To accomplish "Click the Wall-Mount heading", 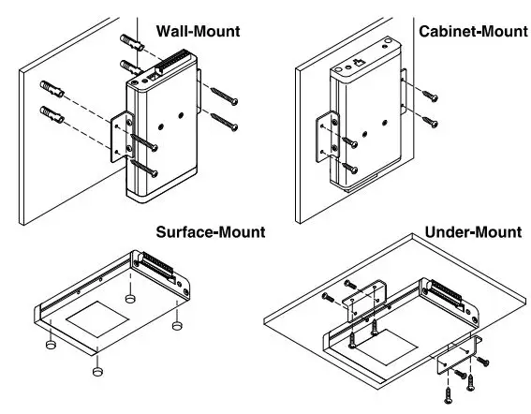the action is coord(199,31).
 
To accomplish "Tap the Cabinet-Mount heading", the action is coord(473,31).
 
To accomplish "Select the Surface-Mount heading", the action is coord(211,232).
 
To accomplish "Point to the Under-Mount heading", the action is coord(473,232).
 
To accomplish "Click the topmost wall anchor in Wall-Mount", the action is coord(132,42).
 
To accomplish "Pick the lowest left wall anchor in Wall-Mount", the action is coord(52,114).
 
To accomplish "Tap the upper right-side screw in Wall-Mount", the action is coord(224,96).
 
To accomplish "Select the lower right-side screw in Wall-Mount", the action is coord(224,122).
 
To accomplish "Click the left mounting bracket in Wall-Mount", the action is coord(122,137).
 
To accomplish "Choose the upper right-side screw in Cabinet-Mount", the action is coord(430,96).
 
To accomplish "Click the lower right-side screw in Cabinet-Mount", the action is coord(430,122).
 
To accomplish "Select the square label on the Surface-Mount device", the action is coord(97,319).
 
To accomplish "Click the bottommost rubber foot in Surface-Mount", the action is coord(97,371).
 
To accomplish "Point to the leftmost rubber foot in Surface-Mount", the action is coord(51,345).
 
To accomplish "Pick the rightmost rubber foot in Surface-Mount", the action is coord(177,326).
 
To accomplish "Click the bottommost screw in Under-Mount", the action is coord(448,395).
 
